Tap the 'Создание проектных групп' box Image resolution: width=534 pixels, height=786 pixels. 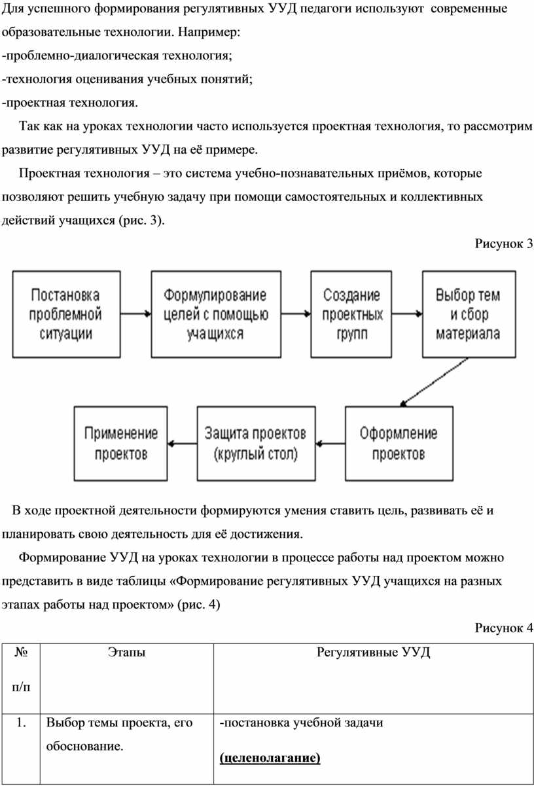[x=352, y=313]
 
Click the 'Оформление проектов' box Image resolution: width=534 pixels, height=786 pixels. [x=399, y=443]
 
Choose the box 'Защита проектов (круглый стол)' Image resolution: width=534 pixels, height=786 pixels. [x=255, y=443]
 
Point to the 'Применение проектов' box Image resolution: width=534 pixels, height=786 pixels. [x=122, y=443]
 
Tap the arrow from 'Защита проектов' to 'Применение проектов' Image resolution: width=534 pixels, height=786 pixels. [x=183, y=444]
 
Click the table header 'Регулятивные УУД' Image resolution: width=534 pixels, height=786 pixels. [x=373, y=652]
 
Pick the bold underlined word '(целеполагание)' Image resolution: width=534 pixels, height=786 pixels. [x=270, y=759]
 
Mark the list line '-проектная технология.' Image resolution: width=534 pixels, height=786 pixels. [x=69, y=102]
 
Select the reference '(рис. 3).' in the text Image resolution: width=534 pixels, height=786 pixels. [x=142, y=220]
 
